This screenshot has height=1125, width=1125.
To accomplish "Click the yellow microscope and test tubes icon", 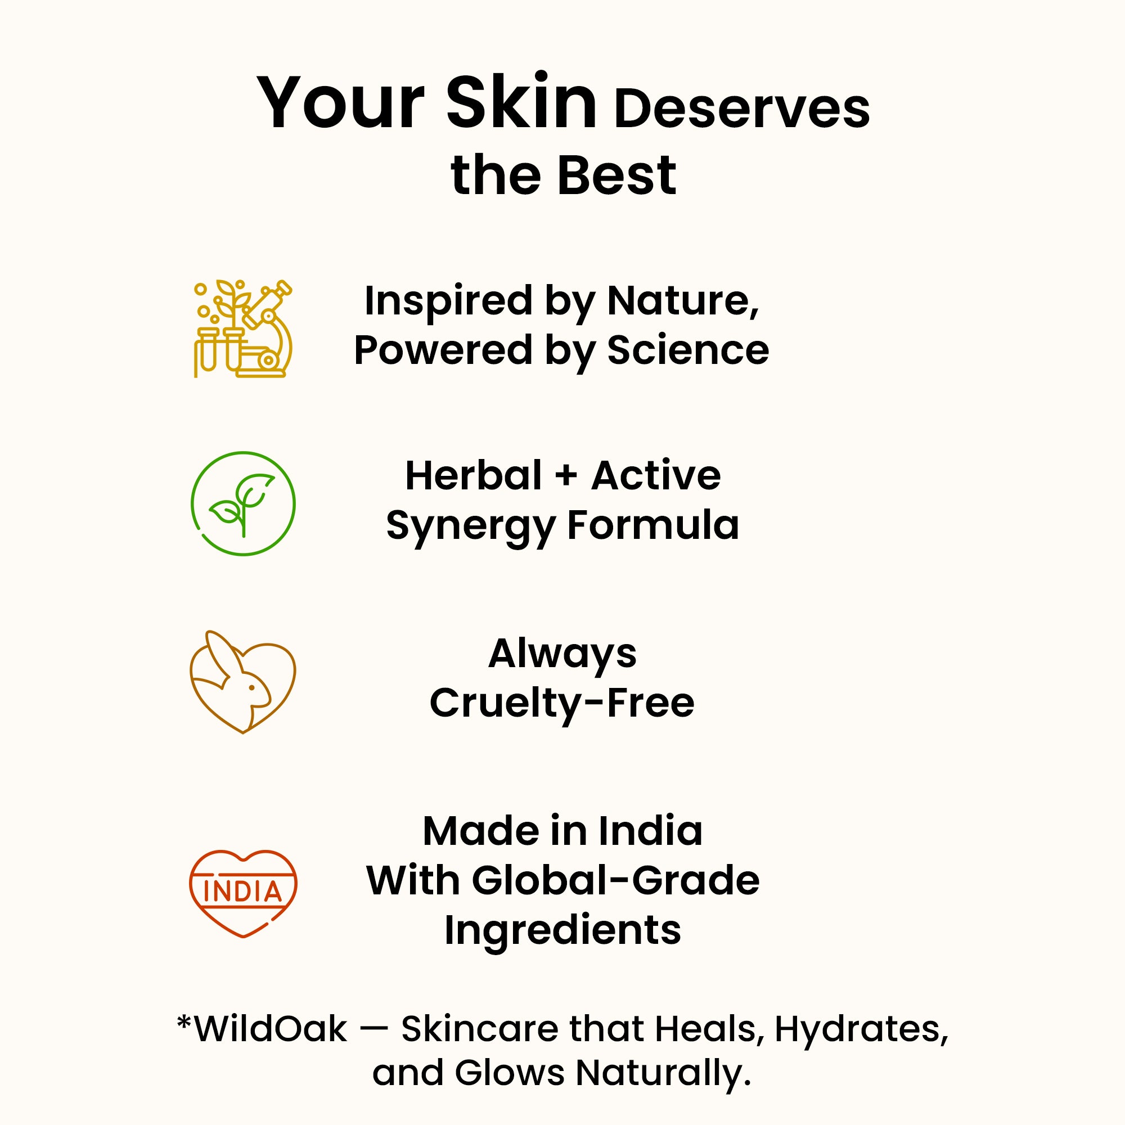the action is (243, 328).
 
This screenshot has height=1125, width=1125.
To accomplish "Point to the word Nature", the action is (683, 301).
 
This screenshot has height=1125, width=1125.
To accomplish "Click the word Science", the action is (688, 350).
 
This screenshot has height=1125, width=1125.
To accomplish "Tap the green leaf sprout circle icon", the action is (244, 503).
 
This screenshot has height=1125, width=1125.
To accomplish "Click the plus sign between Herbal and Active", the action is (566, 476).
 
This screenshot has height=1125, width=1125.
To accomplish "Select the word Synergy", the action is (470, 526).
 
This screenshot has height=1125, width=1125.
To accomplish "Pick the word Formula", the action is (652, 525).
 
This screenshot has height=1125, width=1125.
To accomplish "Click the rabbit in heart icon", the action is (243, 682).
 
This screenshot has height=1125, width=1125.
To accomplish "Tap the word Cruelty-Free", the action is (562, 703).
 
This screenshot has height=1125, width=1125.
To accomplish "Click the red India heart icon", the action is (244, 893).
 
